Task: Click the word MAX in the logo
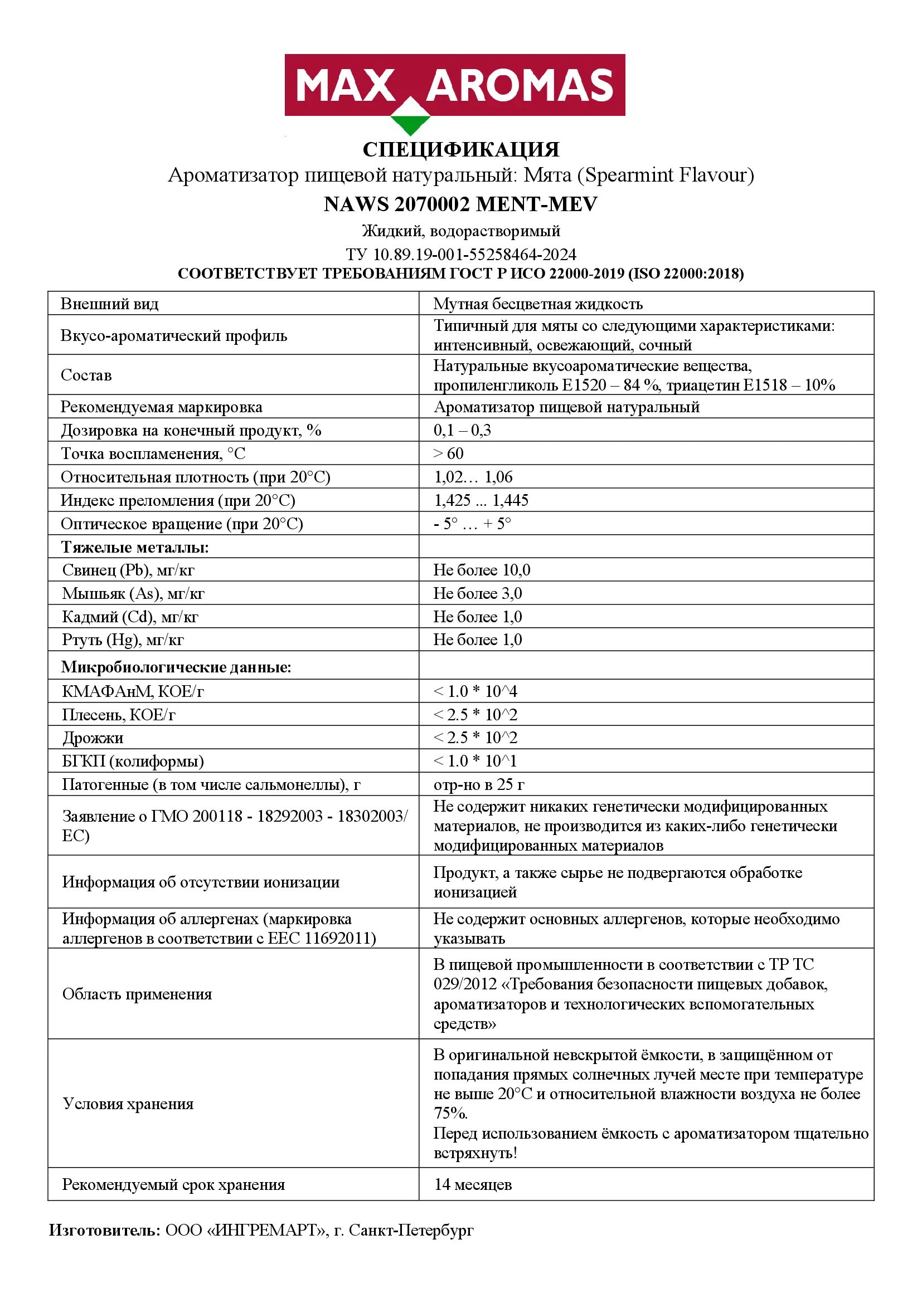344,86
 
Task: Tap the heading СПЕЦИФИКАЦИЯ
460,150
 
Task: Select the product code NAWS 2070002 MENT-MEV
460,204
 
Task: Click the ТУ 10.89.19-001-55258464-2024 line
460,253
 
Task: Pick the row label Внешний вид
110,304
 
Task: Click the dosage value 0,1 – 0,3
462,430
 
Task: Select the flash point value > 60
449,453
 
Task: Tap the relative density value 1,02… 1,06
473,477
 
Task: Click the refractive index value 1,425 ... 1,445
481,500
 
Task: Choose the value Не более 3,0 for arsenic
478,593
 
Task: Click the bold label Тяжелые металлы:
135,547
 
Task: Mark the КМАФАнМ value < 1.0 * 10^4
475,691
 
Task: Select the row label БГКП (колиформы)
133,761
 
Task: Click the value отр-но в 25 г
479,784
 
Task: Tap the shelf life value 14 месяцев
473,1184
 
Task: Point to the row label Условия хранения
128,1103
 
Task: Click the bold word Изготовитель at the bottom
104,1230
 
